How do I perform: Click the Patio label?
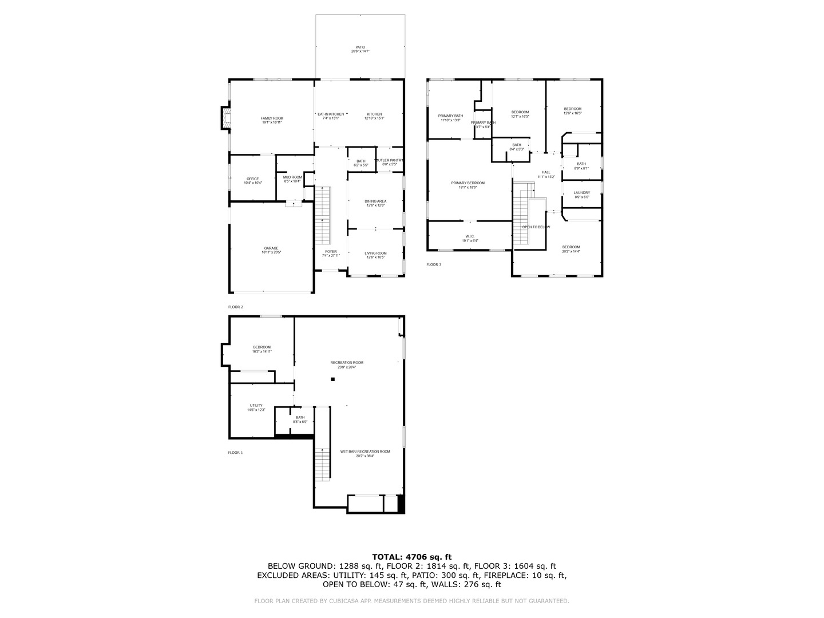point(360,49)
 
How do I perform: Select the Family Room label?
point(272,120)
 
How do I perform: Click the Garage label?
point(271,250)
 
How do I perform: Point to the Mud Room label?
point(292,179)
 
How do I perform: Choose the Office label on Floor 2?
point(252,181)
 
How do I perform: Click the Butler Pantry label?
point(390,163)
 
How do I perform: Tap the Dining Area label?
point(375,203)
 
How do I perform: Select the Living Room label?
point(375,255)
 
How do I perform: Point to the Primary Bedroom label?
point(468,185)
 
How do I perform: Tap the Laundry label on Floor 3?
point(581,195)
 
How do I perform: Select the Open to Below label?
point(536,227)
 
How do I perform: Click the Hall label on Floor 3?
point(546,175)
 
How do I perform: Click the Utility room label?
point(256,407)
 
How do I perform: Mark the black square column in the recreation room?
point(332,379)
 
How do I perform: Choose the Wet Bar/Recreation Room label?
point(365,453)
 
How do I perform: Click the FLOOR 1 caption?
point(235,453)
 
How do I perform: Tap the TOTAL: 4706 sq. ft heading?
point(411,556)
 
